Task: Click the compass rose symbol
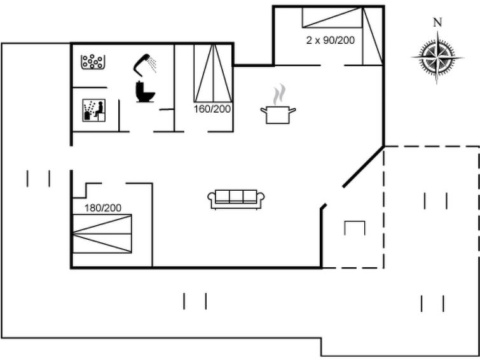coord(437,57)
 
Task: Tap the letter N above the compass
coord(438,22)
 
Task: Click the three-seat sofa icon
coord(236,200)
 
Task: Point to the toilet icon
coord(145,92)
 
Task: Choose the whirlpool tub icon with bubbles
coord(93,62)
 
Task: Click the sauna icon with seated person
coord(94,110)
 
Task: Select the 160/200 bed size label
coord(212,109)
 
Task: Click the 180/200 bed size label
coord(103,208)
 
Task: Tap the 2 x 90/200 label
coord(331,40)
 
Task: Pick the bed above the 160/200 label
coord(213,73)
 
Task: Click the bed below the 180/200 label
coord(102,233)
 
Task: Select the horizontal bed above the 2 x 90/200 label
coord(333,17)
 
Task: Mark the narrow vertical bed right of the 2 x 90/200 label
coord(373,36)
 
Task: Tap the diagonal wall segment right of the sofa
coord(364,167)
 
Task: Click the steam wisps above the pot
coord(279,95)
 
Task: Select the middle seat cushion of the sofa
coord(236,196)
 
